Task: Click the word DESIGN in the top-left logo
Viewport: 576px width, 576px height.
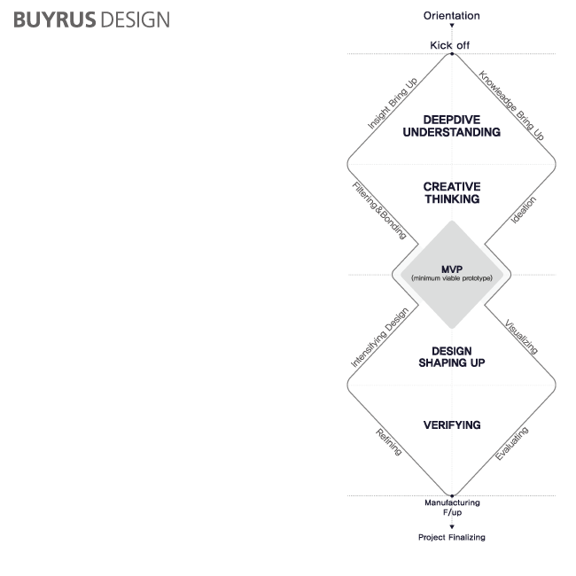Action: point(134,19)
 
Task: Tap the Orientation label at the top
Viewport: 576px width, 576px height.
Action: point(451,16)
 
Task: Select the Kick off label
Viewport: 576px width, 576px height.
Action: point(451,44)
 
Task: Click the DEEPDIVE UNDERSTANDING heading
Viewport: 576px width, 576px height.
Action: point(451,126)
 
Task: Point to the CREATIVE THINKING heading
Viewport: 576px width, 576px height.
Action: point(451,192)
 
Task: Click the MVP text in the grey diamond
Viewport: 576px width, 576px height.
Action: point(451,269)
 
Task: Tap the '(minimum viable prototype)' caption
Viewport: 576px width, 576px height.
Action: point(451,278)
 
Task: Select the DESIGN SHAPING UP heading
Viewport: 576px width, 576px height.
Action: point(451,356)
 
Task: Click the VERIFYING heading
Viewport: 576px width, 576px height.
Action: point(451,425)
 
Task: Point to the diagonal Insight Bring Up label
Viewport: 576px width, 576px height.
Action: point(393,105)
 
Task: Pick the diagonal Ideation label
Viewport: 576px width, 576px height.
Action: point(524,210)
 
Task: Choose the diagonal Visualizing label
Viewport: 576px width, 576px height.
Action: point(520,337)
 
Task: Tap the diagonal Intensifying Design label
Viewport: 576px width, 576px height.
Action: point(379,338)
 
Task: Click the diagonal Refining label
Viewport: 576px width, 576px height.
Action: point(389,441)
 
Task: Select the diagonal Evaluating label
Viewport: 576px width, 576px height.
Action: point(511,443)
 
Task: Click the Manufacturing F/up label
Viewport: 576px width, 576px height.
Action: point(451,507)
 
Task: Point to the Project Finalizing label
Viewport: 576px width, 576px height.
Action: point(451,537)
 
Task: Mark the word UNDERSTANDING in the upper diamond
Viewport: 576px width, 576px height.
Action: point(451,132)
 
